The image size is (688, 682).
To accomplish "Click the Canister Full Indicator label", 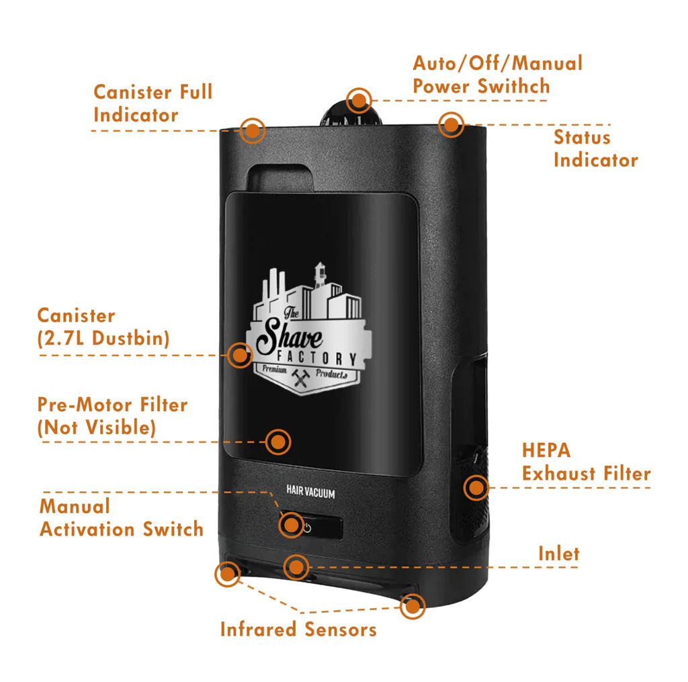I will tap(153, 103).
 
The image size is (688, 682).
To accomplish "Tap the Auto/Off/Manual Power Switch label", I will tap(497, 75).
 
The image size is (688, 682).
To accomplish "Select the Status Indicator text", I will tap(595, 148).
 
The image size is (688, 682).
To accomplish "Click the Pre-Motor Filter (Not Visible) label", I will tap(112, 416).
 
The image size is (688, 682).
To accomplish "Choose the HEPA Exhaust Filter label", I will tap(586, 462).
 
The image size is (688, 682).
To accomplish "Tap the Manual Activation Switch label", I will tap(121, 517).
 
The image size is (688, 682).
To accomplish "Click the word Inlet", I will tap(558, 553).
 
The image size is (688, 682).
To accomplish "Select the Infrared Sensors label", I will tap(298, 630).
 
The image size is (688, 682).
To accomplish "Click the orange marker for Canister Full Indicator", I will tap(253, 130).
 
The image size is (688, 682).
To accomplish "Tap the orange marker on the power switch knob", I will tap(359, 101).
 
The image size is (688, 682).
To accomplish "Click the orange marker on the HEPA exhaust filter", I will tap(476, 487).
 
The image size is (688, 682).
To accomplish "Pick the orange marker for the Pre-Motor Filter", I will tap(277, 441).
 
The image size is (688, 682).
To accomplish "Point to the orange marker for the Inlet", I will tap(296, 566).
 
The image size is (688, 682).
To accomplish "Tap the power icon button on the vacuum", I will tap(307, 528).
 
